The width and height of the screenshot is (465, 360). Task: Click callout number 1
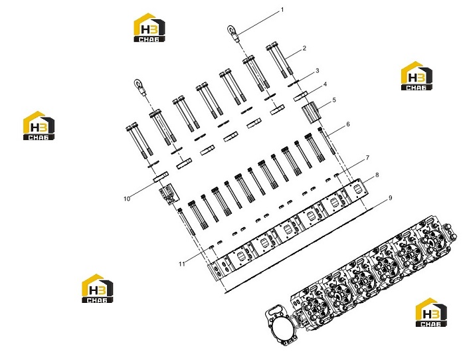tap(282, 10)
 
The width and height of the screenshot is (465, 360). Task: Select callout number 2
tap(304, 48)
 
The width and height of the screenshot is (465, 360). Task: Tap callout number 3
tap(318, 70)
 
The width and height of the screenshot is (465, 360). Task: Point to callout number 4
tap(325, 84)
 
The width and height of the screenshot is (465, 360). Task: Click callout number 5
tap(334, 100)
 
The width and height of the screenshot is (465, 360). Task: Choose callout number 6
tap(348, 124)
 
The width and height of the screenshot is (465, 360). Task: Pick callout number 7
tap(367, 158)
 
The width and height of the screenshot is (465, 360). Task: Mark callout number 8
tap(377, 175)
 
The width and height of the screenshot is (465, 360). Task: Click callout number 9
tap(391, 197)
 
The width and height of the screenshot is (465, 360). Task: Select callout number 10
tap(127, 199)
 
